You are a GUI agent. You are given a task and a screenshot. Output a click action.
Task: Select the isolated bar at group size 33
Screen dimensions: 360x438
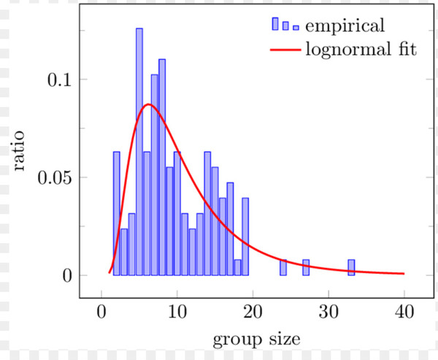pyautogui.click(x=351, y=267)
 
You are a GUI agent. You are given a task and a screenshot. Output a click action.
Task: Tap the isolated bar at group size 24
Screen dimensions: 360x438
pyautogui.click(x=283, y=267)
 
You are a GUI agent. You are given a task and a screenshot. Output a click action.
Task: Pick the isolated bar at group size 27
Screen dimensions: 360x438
pyautogui.click(x=306, y=267)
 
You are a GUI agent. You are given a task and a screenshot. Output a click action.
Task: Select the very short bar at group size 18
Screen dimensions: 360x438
pyautogui.click(x=238, y=267)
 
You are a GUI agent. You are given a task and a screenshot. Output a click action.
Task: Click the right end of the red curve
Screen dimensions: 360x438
pyautogui.click(x=403, y=273)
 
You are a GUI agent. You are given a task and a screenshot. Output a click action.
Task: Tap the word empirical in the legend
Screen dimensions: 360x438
pyautogui.click(x=345, y=26)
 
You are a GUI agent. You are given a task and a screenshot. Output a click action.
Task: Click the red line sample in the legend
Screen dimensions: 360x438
pyautogui.click(x=285, y=50)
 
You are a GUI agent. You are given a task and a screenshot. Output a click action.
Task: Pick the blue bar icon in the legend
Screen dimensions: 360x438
pyautogui.click(x=285, y=26)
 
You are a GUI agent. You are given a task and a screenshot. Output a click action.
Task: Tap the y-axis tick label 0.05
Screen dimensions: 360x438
pyautogui.click(x=55, y=177)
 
